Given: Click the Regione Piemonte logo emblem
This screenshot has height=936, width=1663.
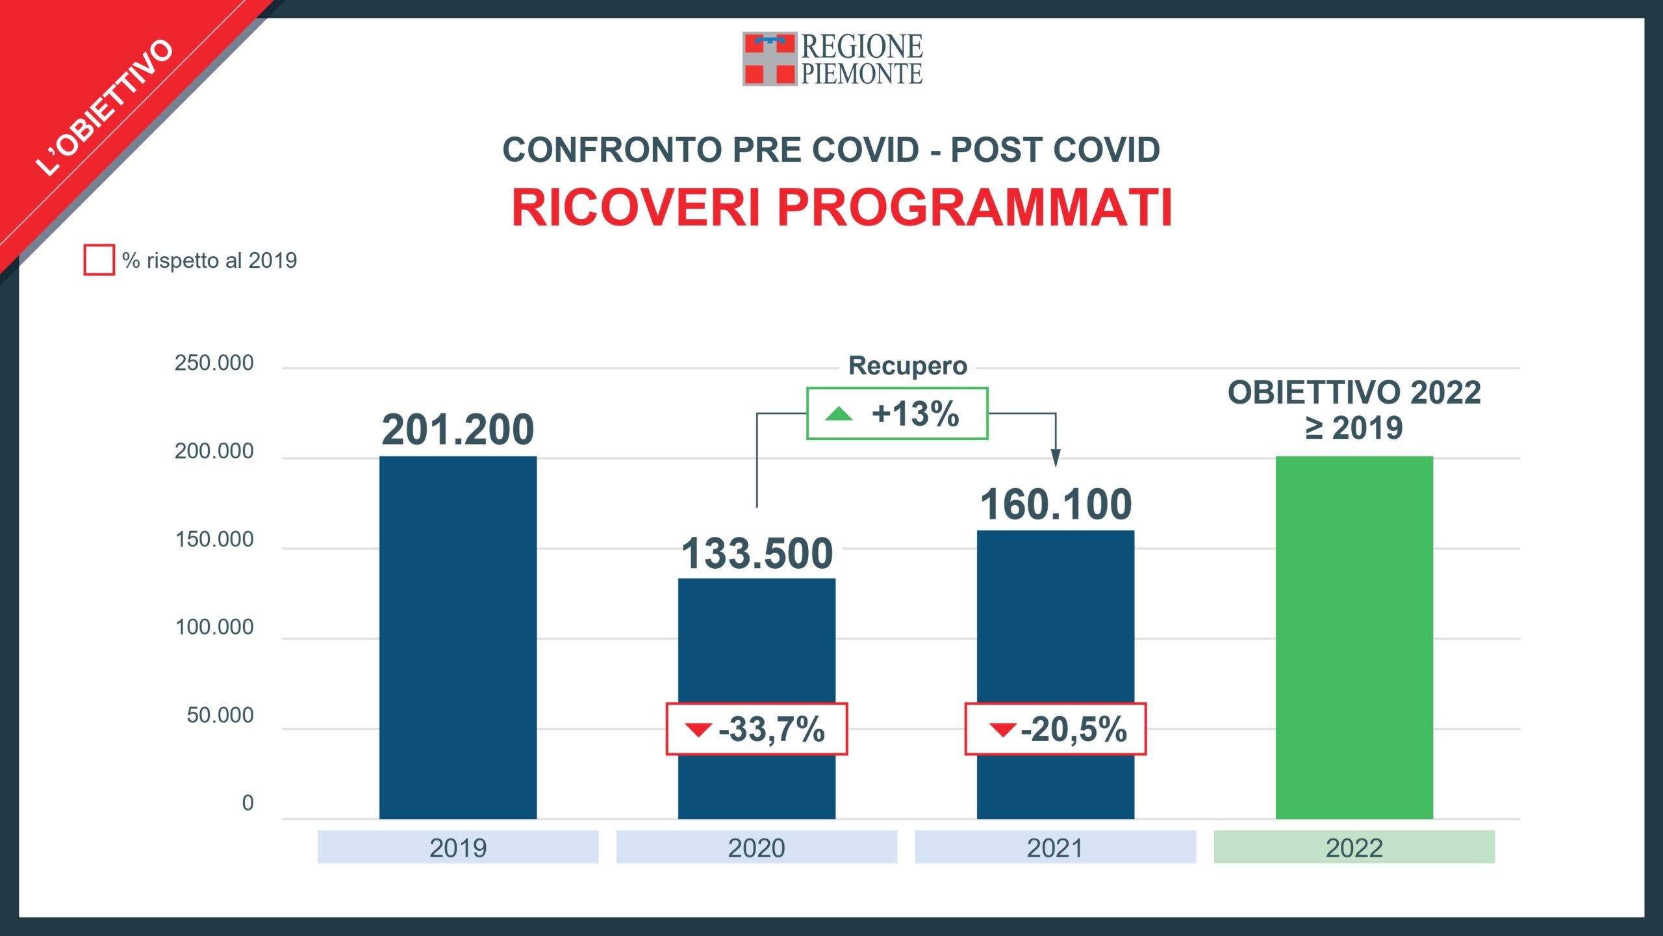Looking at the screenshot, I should pos(769,58).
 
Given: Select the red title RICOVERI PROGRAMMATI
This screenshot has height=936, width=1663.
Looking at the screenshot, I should pos(842,207).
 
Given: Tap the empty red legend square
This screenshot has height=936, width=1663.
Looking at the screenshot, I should pos(99,260).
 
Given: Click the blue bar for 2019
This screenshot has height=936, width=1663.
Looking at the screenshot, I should pos(458,637).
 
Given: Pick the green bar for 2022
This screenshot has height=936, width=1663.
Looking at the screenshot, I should pos(1354,637).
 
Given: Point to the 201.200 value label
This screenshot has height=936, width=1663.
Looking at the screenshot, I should pos(458,430).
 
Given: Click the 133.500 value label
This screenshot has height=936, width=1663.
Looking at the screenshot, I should pos(757,554).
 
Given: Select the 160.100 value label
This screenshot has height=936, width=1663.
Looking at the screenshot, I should pos(1056,504).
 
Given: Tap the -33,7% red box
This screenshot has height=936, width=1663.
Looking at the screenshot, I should pos(757,729).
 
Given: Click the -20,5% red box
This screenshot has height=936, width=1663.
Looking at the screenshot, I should pos(1056,729).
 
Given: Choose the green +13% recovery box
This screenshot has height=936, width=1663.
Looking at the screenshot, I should pos(897,413).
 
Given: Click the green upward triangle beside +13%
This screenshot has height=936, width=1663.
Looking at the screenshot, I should pos(839,413).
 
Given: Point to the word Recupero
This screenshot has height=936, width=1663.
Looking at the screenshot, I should pos(908,366).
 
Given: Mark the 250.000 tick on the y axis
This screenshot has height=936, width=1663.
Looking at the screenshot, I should pos(214,363).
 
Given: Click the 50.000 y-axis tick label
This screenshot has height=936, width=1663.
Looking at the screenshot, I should pos(220,715).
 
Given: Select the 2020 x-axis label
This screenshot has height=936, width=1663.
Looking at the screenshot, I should pos(756,848).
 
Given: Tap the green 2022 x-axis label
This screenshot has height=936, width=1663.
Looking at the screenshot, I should pos(1354,848).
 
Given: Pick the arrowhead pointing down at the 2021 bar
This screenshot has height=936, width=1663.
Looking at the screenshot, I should pos(1056,458).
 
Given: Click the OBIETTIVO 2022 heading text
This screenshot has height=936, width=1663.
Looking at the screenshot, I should pos(1354,393).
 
